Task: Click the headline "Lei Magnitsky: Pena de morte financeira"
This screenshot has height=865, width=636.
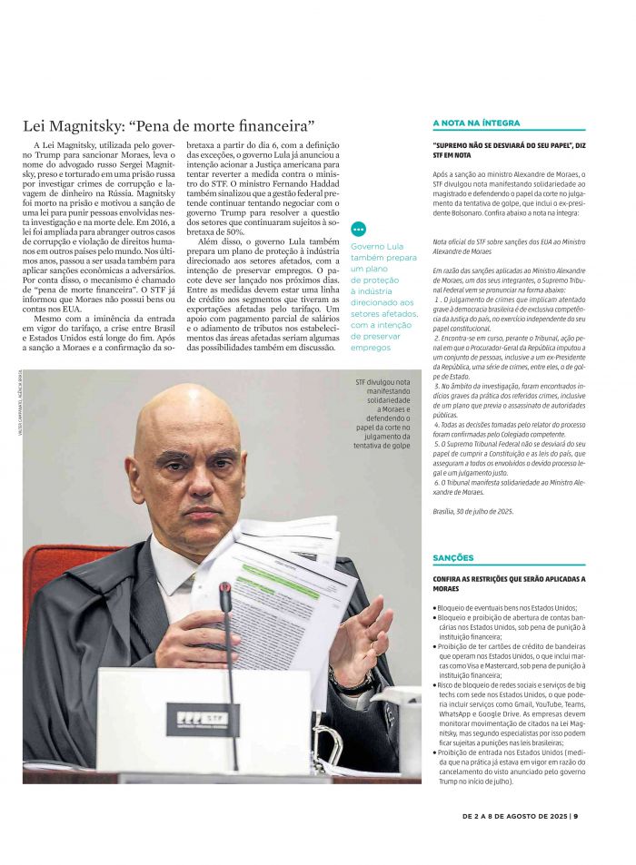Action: click(169, 125)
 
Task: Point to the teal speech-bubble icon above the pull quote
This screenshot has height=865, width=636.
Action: click(358, 230)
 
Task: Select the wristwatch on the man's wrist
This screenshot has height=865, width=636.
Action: click(350, 679)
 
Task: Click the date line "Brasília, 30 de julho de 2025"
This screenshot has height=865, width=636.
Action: click(473, 512)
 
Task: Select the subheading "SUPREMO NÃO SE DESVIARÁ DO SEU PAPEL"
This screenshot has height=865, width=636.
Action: click(509, 150)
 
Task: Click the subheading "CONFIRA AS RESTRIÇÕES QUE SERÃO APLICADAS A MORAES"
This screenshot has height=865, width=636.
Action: click(509, 583)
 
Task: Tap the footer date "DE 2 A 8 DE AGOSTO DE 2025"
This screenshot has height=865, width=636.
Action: click(514, 815)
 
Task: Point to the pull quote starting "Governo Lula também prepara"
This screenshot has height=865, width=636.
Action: click(383, 296)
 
